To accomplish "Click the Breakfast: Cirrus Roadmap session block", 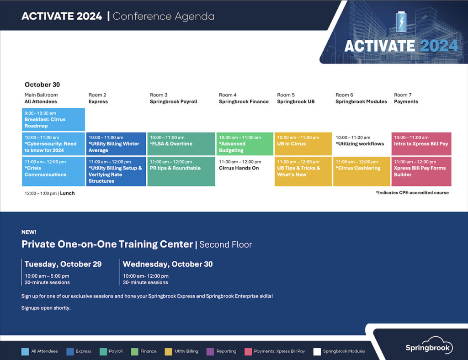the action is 53,120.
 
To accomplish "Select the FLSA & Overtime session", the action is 181,144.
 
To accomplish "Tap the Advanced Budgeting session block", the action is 245,144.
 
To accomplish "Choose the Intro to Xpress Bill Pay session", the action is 421,144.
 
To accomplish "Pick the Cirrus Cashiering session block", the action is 362,171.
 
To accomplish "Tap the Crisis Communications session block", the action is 53,171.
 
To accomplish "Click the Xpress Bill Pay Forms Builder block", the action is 421,171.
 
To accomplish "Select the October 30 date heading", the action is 43,85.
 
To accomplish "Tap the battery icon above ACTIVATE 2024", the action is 401,22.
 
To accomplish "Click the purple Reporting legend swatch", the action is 210,352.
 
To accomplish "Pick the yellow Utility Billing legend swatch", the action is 168,352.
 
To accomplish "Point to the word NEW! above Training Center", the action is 29,232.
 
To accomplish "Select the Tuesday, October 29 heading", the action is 63,264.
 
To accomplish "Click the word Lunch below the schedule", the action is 67,193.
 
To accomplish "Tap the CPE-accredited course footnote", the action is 412,193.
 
